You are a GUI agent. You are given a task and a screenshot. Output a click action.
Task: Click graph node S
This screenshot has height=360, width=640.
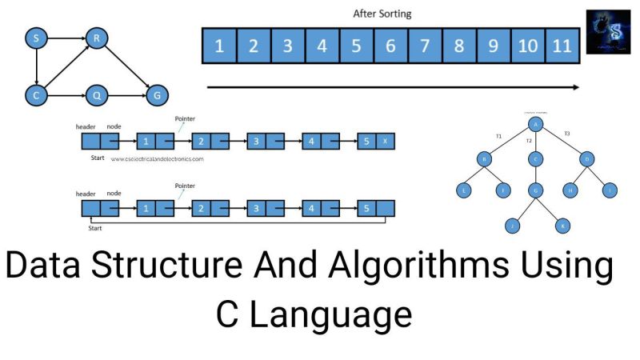(35, 37)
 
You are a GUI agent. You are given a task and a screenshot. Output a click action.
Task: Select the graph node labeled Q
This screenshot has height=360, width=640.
(97, 96)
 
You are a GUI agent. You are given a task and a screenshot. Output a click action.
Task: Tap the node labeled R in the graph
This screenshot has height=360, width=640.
(96, 37)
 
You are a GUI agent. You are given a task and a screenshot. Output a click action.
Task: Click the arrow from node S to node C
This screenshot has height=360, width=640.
(35, 66)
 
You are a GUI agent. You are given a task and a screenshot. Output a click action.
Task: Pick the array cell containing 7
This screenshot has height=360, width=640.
(425, 46)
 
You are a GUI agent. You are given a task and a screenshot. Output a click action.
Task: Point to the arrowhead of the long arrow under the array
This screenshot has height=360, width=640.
(575, 87)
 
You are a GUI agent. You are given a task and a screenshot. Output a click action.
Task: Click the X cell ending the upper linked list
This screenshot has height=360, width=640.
(386, 142)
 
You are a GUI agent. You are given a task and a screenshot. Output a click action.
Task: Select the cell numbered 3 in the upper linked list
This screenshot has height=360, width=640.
(256, 142)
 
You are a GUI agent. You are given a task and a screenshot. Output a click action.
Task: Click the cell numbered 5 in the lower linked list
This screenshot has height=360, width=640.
(366, 208)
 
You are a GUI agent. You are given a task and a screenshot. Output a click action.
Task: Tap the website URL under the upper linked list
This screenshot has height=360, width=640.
(157, 158)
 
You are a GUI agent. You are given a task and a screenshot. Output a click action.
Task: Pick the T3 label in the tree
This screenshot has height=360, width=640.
(567, 133)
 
